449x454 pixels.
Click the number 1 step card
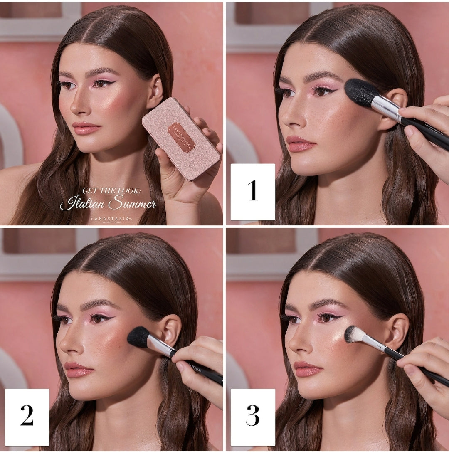coord(253,192)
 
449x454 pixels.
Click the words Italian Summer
coord(108,204)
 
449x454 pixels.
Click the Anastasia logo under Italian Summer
coord(111,218)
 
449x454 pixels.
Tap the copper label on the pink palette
coord(181,137)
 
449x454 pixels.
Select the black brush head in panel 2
coord(138,337)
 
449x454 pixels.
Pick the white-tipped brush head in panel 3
coord(355,335)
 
